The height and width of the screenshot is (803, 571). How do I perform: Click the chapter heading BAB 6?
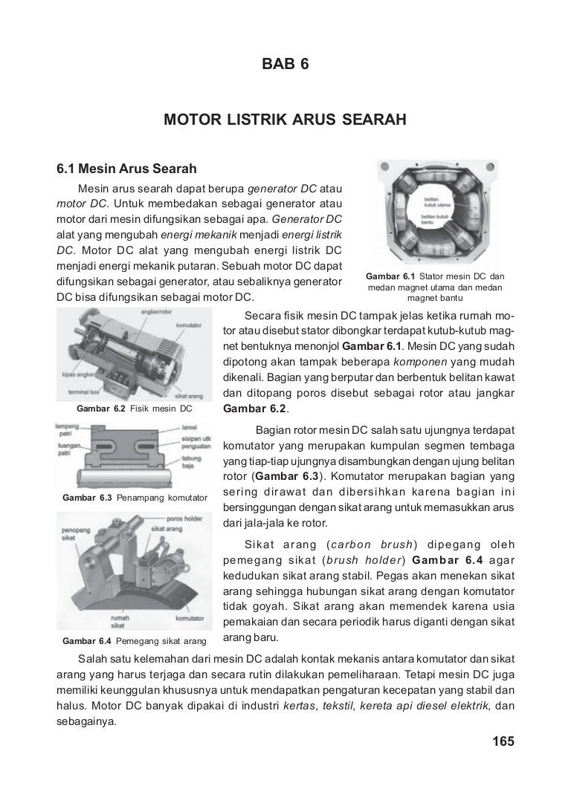[x=285, y=65]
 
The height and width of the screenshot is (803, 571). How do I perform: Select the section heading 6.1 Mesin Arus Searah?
[x=126, y=167]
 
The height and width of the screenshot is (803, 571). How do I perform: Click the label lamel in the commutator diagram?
[x=189, y=428]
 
